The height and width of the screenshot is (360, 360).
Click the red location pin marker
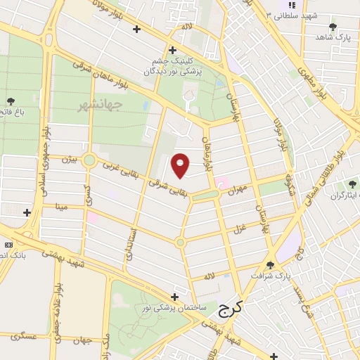point(181,165)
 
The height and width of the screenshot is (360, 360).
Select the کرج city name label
point(229,307)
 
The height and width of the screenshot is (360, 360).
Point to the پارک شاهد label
point(332,37)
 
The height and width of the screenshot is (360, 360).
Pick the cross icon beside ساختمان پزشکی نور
point(174,297)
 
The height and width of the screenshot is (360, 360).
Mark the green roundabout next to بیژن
point(89,160)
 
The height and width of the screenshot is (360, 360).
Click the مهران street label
point(239,189)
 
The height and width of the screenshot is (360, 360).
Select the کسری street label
point(88,192)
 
